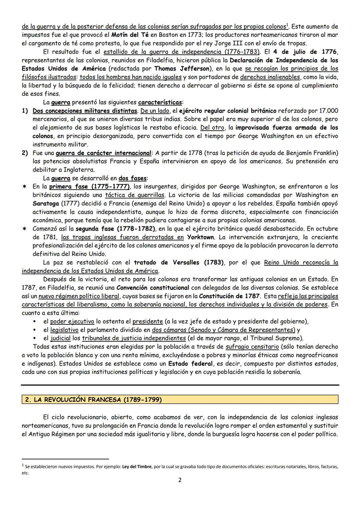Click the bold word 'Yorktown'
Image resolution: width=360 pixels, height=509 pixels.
pos(201,237)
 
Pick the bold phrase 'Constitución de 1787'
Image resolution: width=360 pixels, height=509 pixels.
pos(229,296)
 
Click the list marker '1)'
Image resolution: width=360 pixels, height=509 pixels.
pos(25,111)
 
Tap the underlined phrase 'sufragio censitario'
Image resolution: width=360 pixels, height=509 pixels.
pos(252,347)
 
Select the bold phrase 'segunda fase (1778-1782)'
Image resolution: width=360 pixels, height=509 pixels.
pos(115,229)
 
